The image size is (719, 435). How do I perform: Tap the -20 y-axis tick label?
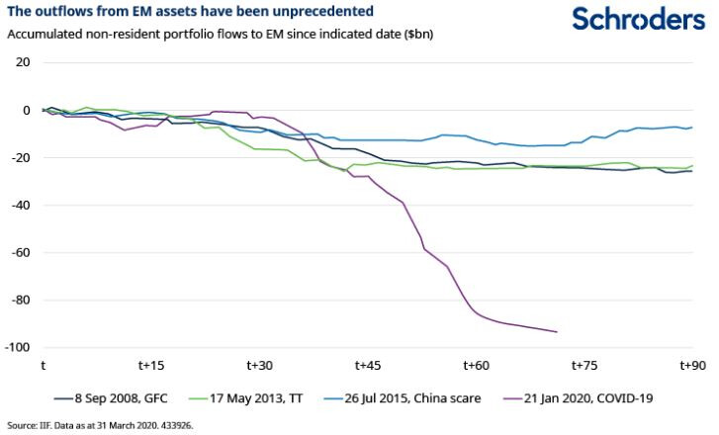tap(20, 157)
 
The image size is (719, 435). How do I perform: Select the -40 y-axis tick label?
tap(20, 205)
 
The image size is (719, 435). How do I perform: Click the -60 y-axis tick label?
tap(20, 252)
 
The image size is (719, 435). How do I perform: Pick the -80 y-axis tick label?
tap(20, 300)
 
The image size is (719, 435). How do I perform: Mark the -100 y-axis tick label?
tap(17, 347)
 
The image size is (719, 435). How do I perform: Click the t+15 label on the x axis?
tap(150, 365)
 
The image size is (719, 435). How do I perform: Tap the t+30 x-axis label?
tap(259, 365)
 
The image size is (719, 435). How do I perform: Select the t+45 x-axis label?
tap(367, 365)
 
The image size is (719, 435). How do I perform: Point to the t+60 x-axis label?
tap(476, 365)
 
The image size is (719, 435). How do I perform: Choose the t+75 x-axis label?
tap(584, 365)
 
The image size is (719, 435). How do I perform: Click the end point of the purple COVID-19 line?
tap(557, 332)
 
